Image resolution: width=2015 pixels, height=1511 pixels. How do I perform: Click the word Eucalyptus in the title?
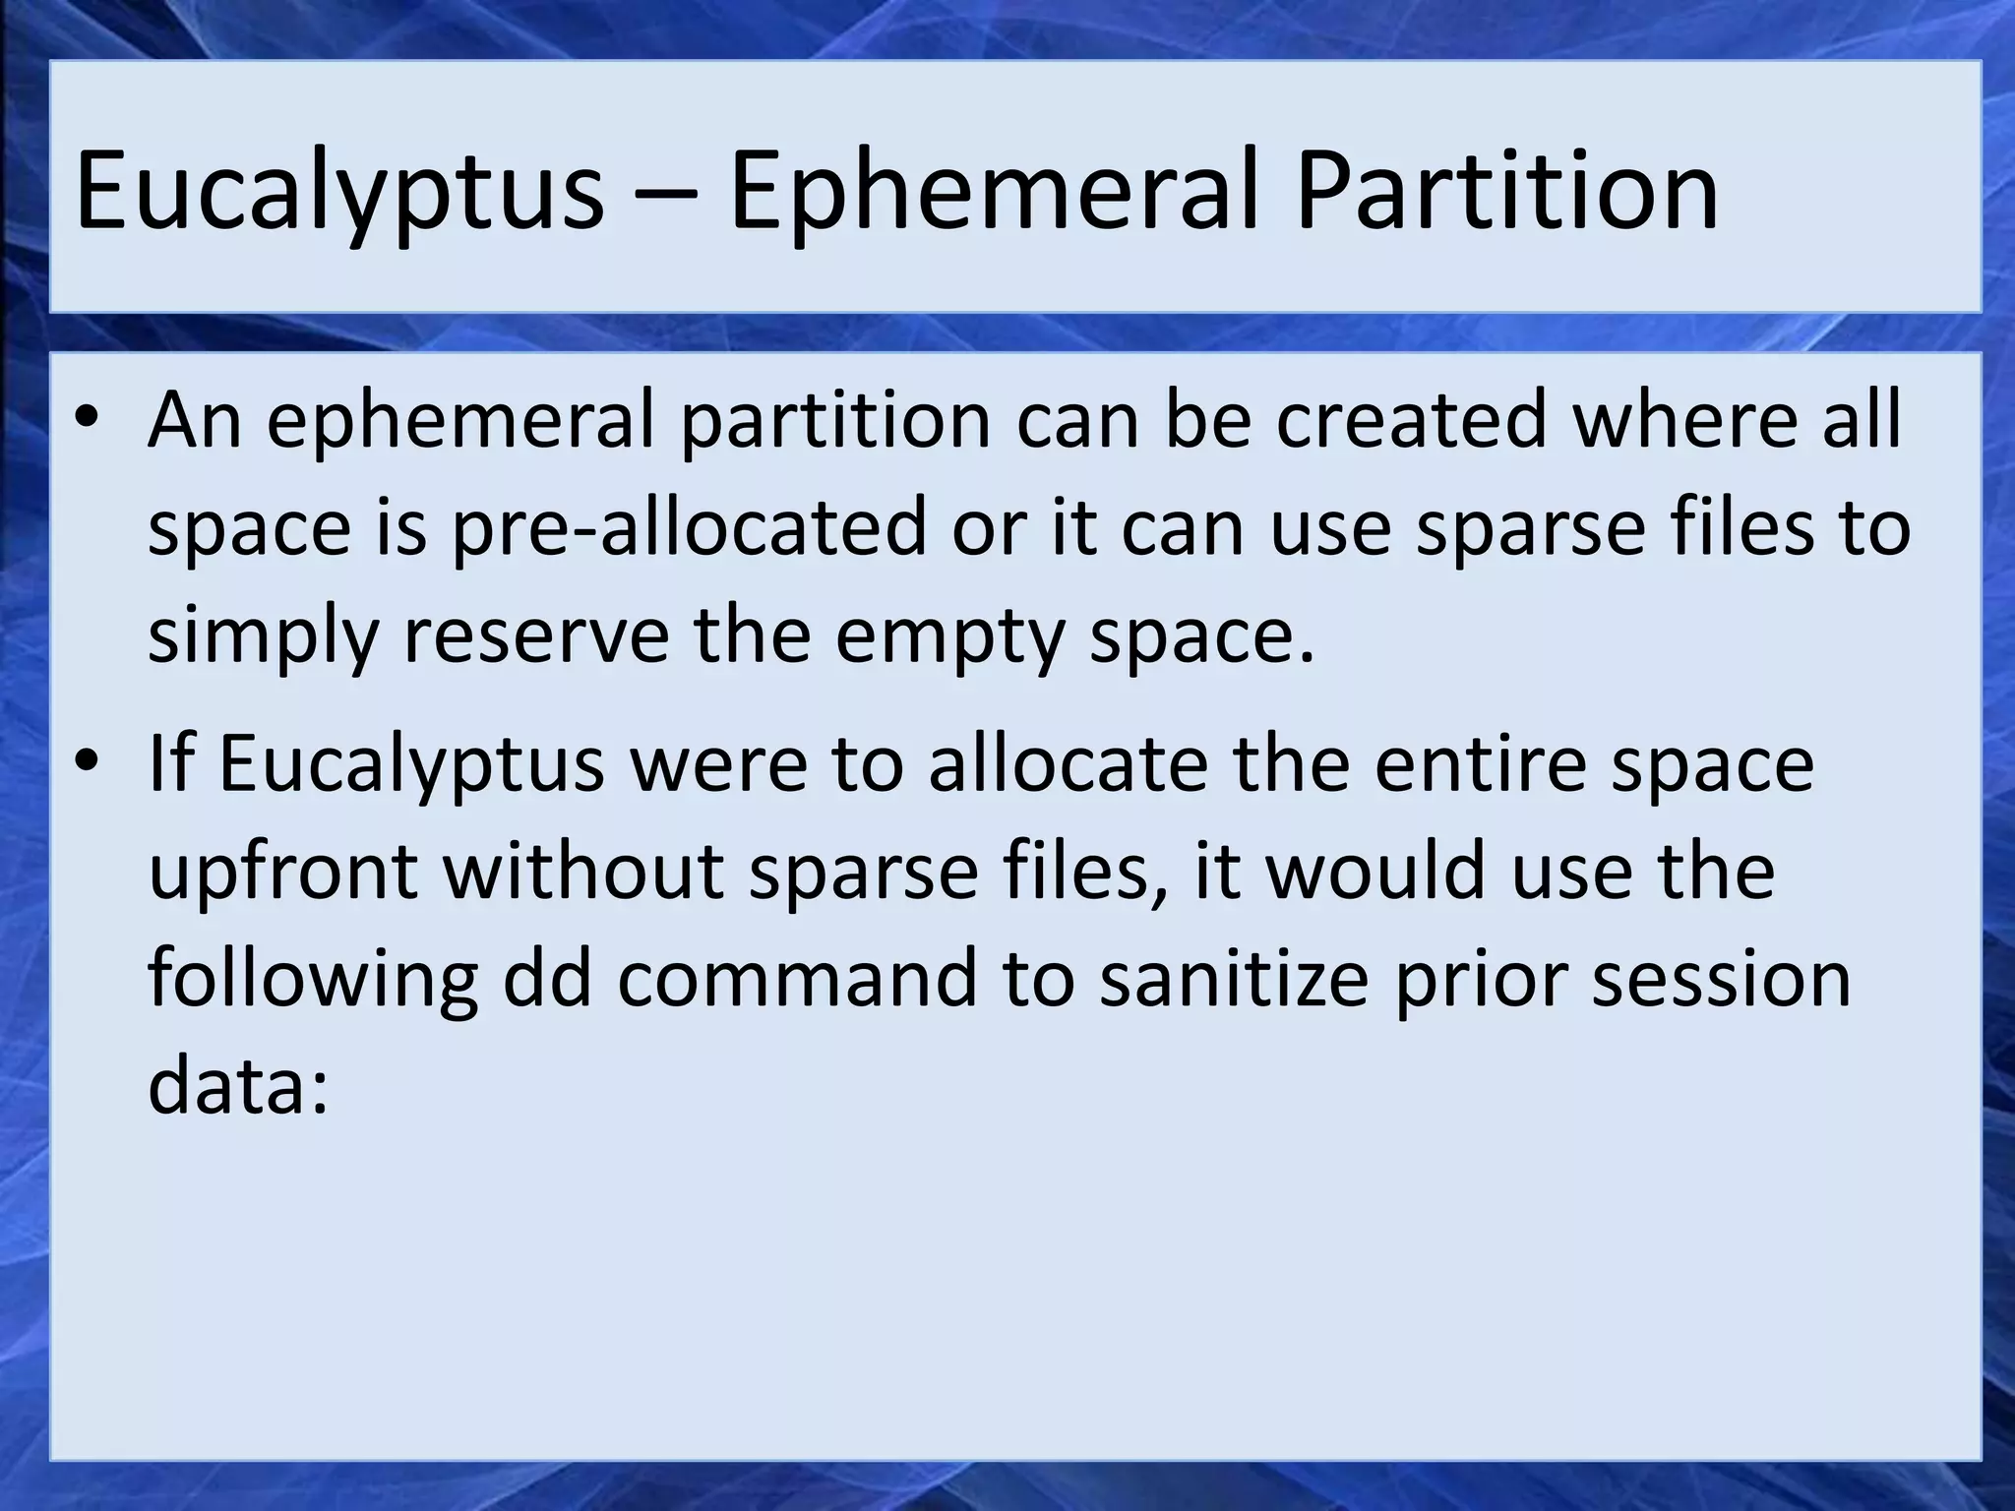pos(338,192)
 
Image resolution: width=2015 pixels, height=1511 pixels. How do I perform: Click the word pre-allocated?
pos(689,527)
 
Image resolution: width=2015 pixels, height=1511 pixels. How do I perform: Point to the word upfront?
pos(281,872)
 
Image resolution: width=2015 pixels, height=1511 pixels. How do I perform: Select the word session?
pos(1721,978)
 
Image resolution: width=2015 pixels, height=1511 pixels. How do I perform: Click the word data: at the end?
pos(236,1086)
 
